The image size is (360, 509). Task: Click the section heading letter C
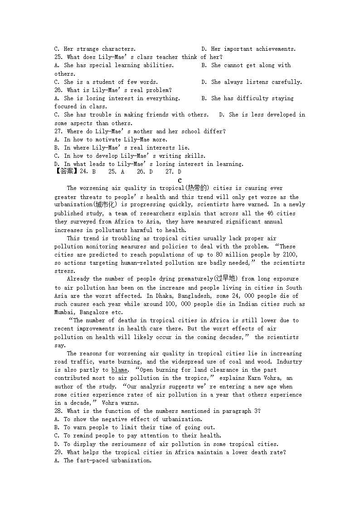tap(180, 180)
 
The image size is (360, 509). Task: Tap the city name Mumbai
tap(66, 312)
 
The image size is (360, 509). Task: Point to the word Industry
tap(289, 362)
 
